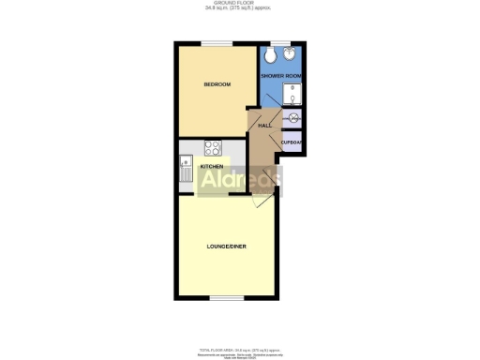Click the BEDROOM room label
[x=217, y=85]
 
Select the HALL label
[x=264, y=126]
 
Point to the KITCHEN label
[x=211, y=167]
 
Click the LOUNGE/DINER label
[x=225, y=247]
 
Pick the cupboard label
[x=292, y=142]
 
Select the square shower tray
[x=292, y=95]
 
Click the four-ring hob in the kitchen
[x=213, y=148]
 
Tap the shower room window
[x=280, y=42]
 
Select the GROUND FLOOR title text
[x=239, y=3]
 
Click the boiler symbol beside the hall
[x=293, y=119]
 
